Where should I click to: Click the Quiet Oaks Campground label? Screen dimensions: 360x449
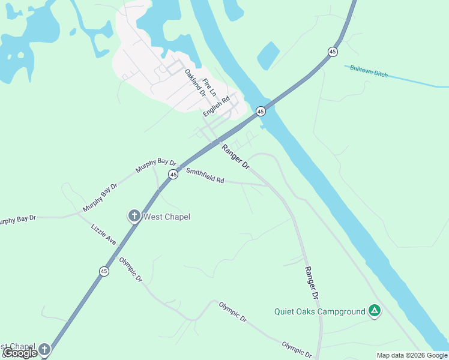click(x=319, y=311)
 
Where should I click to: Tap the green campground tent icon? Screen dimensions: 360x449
click(x=374, y=310)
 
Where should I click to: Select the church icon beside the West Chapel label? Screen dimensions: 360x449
click(x=134, y=216)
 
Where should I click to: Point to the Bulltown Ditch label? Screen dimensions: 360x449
click(x=369, y=71)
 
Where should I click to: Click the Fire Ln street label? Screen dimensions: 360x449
click(x=209, y=88)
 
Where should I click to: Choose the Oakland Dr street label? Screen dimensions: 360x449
click(x=195, y=83)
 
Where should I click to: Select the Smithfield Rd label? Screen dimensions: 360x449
click(x=205, y=175)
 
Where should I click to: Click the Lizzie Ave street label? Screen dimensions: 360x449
click(x=103, y=235)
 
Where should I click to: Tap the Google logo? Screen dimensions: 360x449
click(x=20, y=353)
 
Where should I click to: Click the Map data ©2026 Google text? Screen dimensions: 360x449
click(x=412, y=355)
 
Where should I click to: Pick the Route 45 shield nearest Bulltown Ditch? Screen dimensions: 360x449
click(x=333, y=52)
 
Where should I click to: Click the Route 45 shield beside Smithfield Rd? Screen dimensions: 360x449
click(x=173, y=174)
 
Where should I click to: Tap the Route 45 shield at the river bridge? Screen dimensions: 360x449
click(x=261, y=111)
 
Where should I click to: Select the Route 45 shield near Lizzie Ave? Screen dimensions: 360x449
click(x=104, y=271)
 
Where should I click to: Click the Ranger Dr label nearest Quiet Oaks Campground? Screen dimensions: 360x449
click(x=310, y=283)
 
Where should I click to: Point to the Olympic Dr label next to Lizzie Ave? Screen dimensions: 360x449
click(x=130, y=270)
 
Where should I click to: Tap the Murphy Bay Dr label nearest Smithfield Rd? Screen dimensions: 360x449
click(x=155, y=166)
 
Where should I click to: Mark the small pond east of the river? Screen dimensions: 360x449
click(x=268, y=55)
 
